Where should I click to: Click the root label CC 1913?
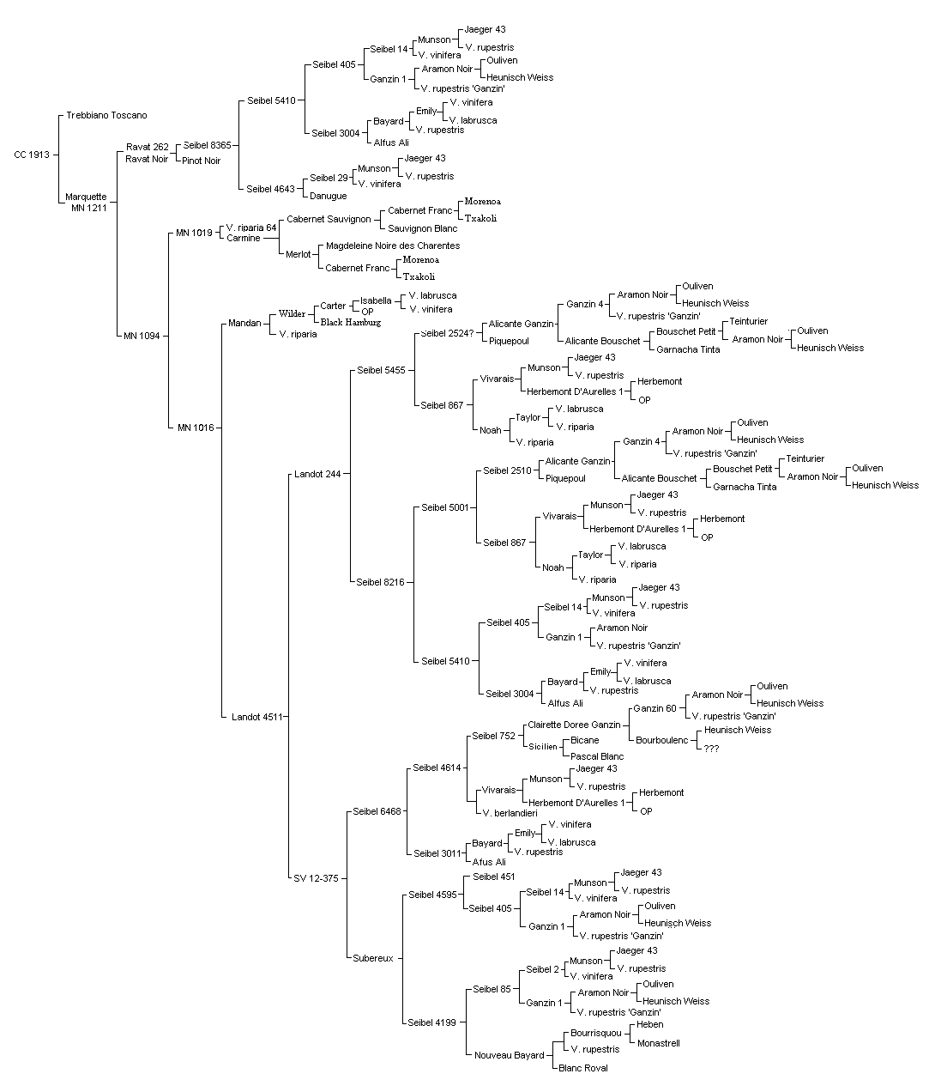click(x=32, y=155)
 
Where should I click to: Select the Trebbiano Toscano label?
click(x=106, y=116)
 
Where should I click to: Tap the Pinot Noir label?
click(x=201, y=161)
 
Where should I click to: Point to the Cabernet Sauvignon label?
click(x=329, y=219)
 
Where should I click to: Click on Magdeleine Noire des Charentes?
click(x=393, y=246)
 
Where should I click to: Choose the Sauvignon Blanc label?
click(x=423, y=228)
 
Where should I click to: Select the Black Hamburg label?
click(x=351, y=323)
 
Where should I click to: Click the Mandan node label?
click(x=244, y=323)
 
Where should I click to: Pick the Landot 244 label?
click(x=317, y=474)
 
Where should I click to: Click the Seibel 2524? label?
click(x=447, y=333)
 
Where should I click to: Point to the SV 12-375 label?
click(x=316, y=878)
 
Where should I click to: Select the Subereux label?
click(x=373, y=958)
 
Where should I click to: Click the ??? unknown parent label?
click(x=711, y=749)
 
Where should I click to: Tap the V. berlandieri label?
click(x=510, y=813)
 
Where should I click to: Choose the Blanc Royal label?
click(x=582, y=1068)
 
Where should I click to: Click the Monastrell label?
click(x=658, y=1043)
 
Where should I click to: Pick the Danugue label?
click(x=329, y=196)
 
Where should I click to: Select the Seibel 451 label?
click(x=494, y=877)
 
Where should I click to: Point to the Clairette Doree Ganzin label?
click(x=575, y=725)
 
